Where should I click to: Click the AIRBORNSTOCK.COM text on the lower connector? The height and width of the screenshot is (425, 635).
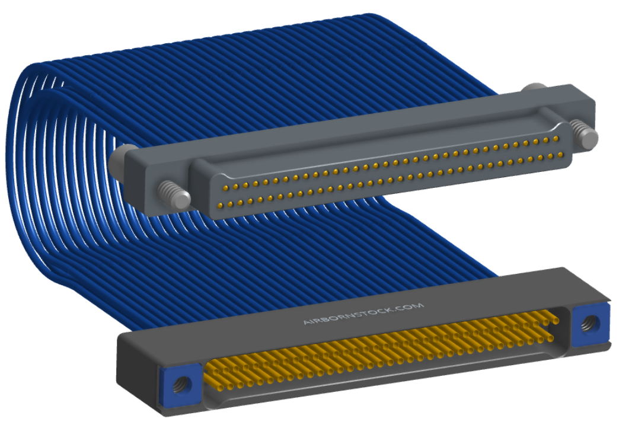coord(363,314)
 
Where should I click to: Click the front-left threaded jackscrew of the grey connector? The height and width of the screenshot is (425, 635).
coord(174,194)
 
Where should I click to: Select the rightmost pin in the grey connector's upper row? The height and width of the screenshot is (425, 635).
coord(556,139)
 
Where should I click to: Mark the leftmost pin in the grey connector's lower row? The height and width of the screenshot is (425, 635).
coord(220,206)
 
